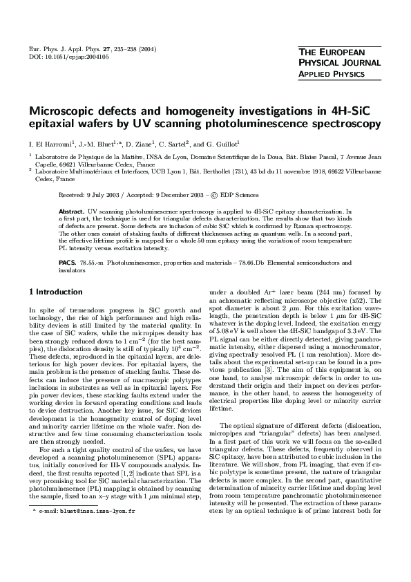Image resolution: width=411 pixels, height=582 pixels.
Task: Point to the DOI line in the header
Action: coord(59,57)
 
